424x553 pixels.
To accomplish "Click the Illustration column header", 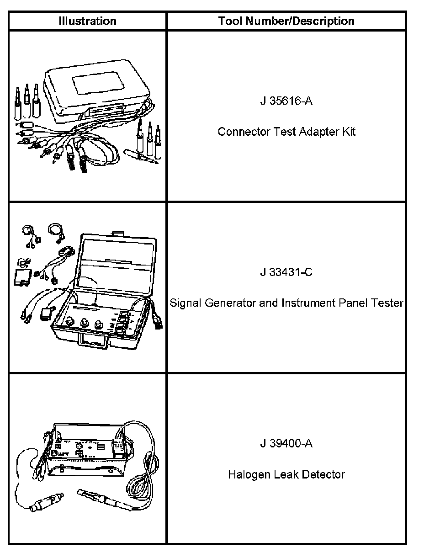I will tap(87, 21).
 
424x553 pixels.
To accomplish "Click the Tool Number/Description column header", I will tap(286, 21).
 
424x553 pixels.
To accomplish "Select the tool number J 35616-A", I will tap(286, 101).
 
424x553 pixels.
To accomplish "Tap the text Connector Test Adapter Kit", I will tap(286, 132).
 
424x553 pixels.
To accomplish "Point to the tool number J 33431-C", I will tap(286, 272).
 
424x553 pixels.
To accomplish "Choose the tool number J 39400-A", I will tap(286, 444).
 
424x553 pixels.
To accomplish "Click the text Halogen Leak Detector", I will tap(286, 475).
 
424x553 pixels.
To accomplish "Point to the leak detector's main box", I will tap(89, 450).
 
